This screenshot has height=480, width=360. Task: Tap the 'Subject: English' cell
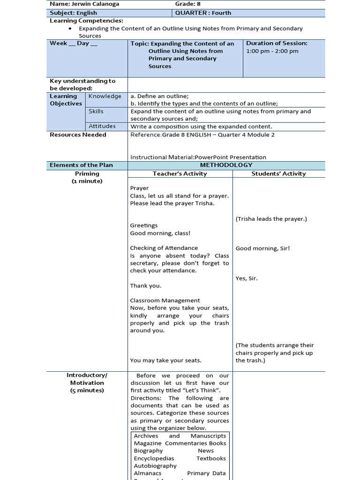[x=74, y=13]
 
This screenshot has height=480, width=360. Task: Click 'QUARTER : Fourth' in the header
[x=203, y=13]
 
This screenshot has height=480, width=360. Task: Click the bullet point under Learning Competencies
[x=70, y=29]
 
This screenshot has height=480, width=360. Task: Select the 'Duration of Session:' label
[x=277, y=43]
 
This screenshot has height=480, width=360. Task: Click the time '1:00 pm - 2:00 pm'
[x=272, y=51]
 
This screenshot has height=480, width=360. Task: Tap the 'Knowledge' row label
[x=105, y=96]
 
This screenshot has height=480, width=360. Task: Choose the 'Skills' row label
[x=96, y=111]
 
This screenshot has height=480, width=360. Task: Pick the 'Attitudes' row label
[x=102, y=126]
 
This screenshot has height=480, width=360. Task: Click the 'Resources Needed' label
[x=78, y=135]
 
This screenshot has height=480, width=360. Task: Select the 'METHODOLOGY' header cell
[x=226, y=165]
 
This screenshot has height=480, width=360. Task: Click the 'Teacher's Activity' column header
[x=180, y=173]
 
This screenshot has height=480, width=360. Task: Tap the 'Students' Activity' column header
[x=278, y=173]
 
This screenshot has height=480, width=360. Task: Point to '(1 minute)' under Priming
[x=87, y=181]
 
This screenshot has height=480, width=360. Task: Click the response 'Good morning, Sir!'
[x=262, y=248]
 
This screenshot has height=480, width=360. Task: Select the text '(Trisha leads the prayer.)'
[x=271, y=218]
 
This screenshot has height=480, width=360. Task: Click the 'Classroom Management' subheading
[x=165, y=300]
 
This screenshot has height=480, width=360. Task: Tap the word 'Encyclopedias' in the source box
[x=154, y=458]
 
